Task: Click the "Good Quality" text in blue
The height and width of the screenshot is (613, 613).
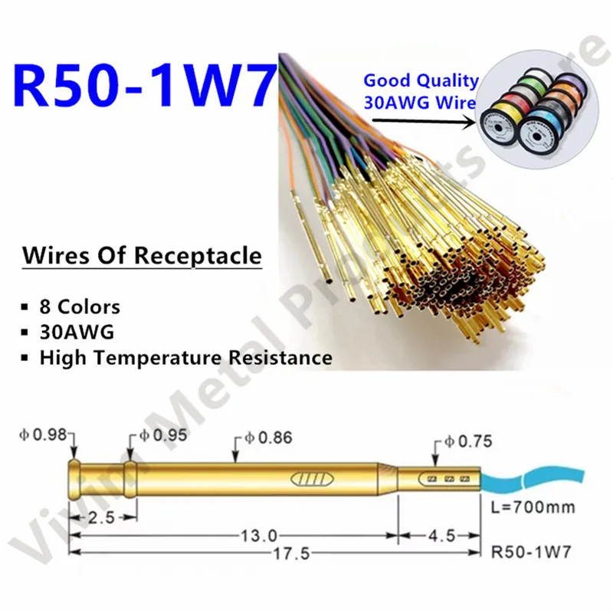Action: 421,80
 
